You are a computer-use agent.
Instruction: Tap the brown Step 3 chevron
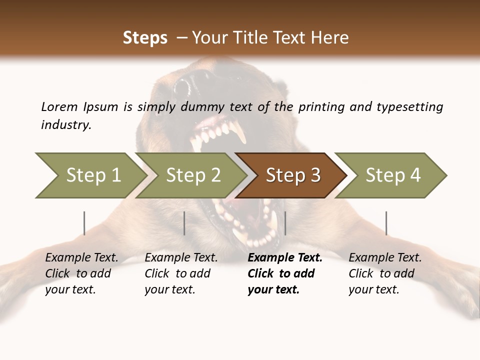(x=293, y=175)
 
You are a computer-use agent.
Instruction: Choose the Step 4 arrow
(x=393, y=175)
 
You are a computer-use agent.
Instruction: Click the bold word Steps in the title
(x=145, y=38)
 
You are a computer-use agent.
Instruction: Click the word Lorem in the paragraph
(x=59, y=107)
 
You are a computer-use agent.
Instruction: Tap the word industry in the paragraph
(x=65, y=125)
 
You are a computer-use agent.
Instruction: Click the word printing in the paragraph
(x=320, y=107)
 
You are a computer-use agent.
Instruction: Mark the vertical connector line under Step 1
(x=84, y=223)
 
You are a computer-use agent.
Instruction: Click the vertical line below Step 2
(x=184, y=223)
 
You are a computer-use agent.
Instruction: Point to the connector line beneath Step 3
(x=285, y=223)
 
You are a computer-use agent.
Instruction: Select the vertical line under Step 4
(x=386, y=223)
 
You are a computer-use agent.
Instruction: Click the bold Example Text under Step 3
(x=285, y=258)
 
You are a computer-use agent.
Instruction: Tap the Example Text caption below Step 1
(x=81, y=258)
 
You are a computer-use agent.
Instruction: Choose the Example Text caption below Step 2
(x=181, y=258)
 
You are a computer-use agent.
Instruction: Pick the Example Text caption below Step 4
(x=385, y=258)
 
